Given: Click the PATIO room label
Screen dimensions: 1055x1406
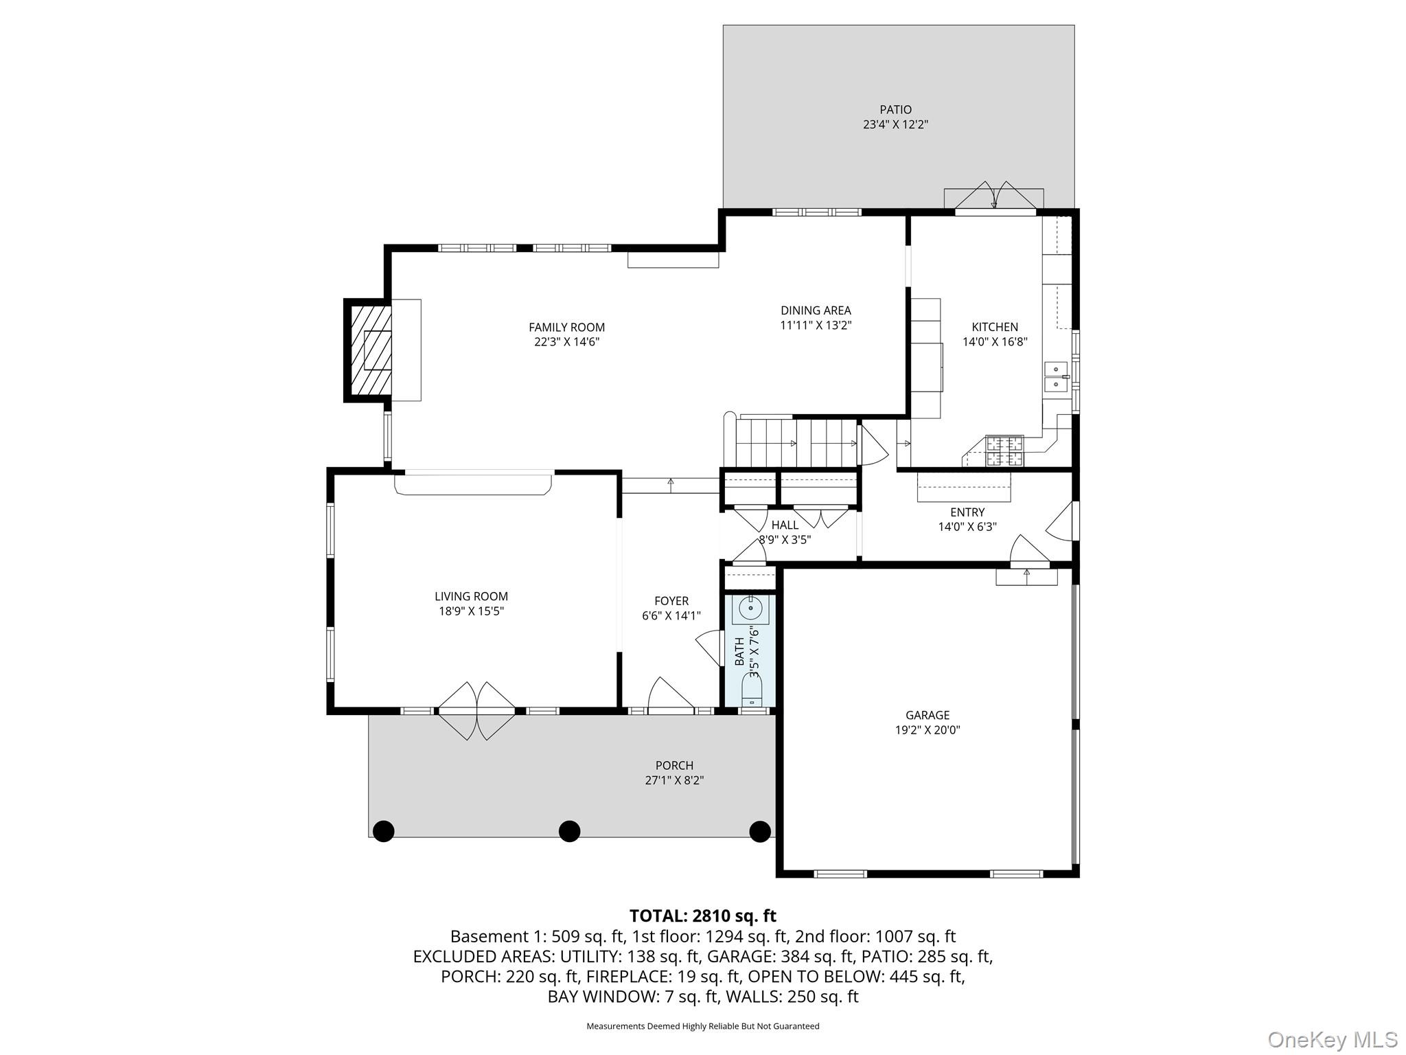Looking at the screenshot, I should point(895,110).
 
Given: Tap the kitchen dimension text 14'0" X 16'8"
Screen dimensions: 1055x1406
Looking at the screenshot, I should point(994,342).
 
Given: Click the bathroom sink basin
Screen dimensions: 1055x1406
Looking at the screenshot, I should point(750,608).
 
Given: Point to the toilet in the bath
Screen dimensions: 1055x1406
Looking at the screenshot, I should point(752,690).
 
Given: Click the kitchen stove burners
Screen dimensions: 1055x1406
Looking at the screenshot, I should point(1004,451).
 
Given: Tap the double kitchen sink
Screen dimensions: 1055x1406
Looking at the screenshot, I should point(1056,376).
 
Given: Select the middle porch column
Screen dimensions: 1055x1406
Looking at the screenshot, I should point(569,831).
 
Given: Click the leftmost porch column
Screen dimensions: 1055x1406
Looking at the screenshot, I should point(383,831).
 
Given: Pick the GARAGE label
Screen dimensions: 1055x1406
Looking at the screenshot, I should point(927,715).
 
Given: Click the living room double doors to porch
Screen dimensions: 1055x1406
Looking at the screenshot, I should point(476,711).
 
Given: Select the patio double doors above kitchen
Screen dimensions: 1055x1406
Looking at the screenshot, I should point(994,197).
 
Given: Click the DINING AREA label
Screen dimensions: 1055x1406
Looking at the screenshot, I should point(816,310).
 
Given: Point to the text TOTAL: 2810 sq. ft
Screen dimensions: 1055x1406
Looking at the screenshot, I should point(702,916).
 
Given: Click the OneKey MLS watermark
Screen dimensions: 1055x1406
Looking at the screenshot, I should point(1332,1039).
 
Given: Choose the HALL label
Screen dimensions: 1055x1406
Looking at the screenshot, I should point(785,525).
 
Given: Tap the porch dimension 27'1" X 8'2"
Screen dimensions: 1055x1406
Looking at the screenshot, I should point(674,780).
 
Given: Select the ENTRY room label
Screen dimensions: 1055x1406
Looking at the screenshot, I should point(967,512).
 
